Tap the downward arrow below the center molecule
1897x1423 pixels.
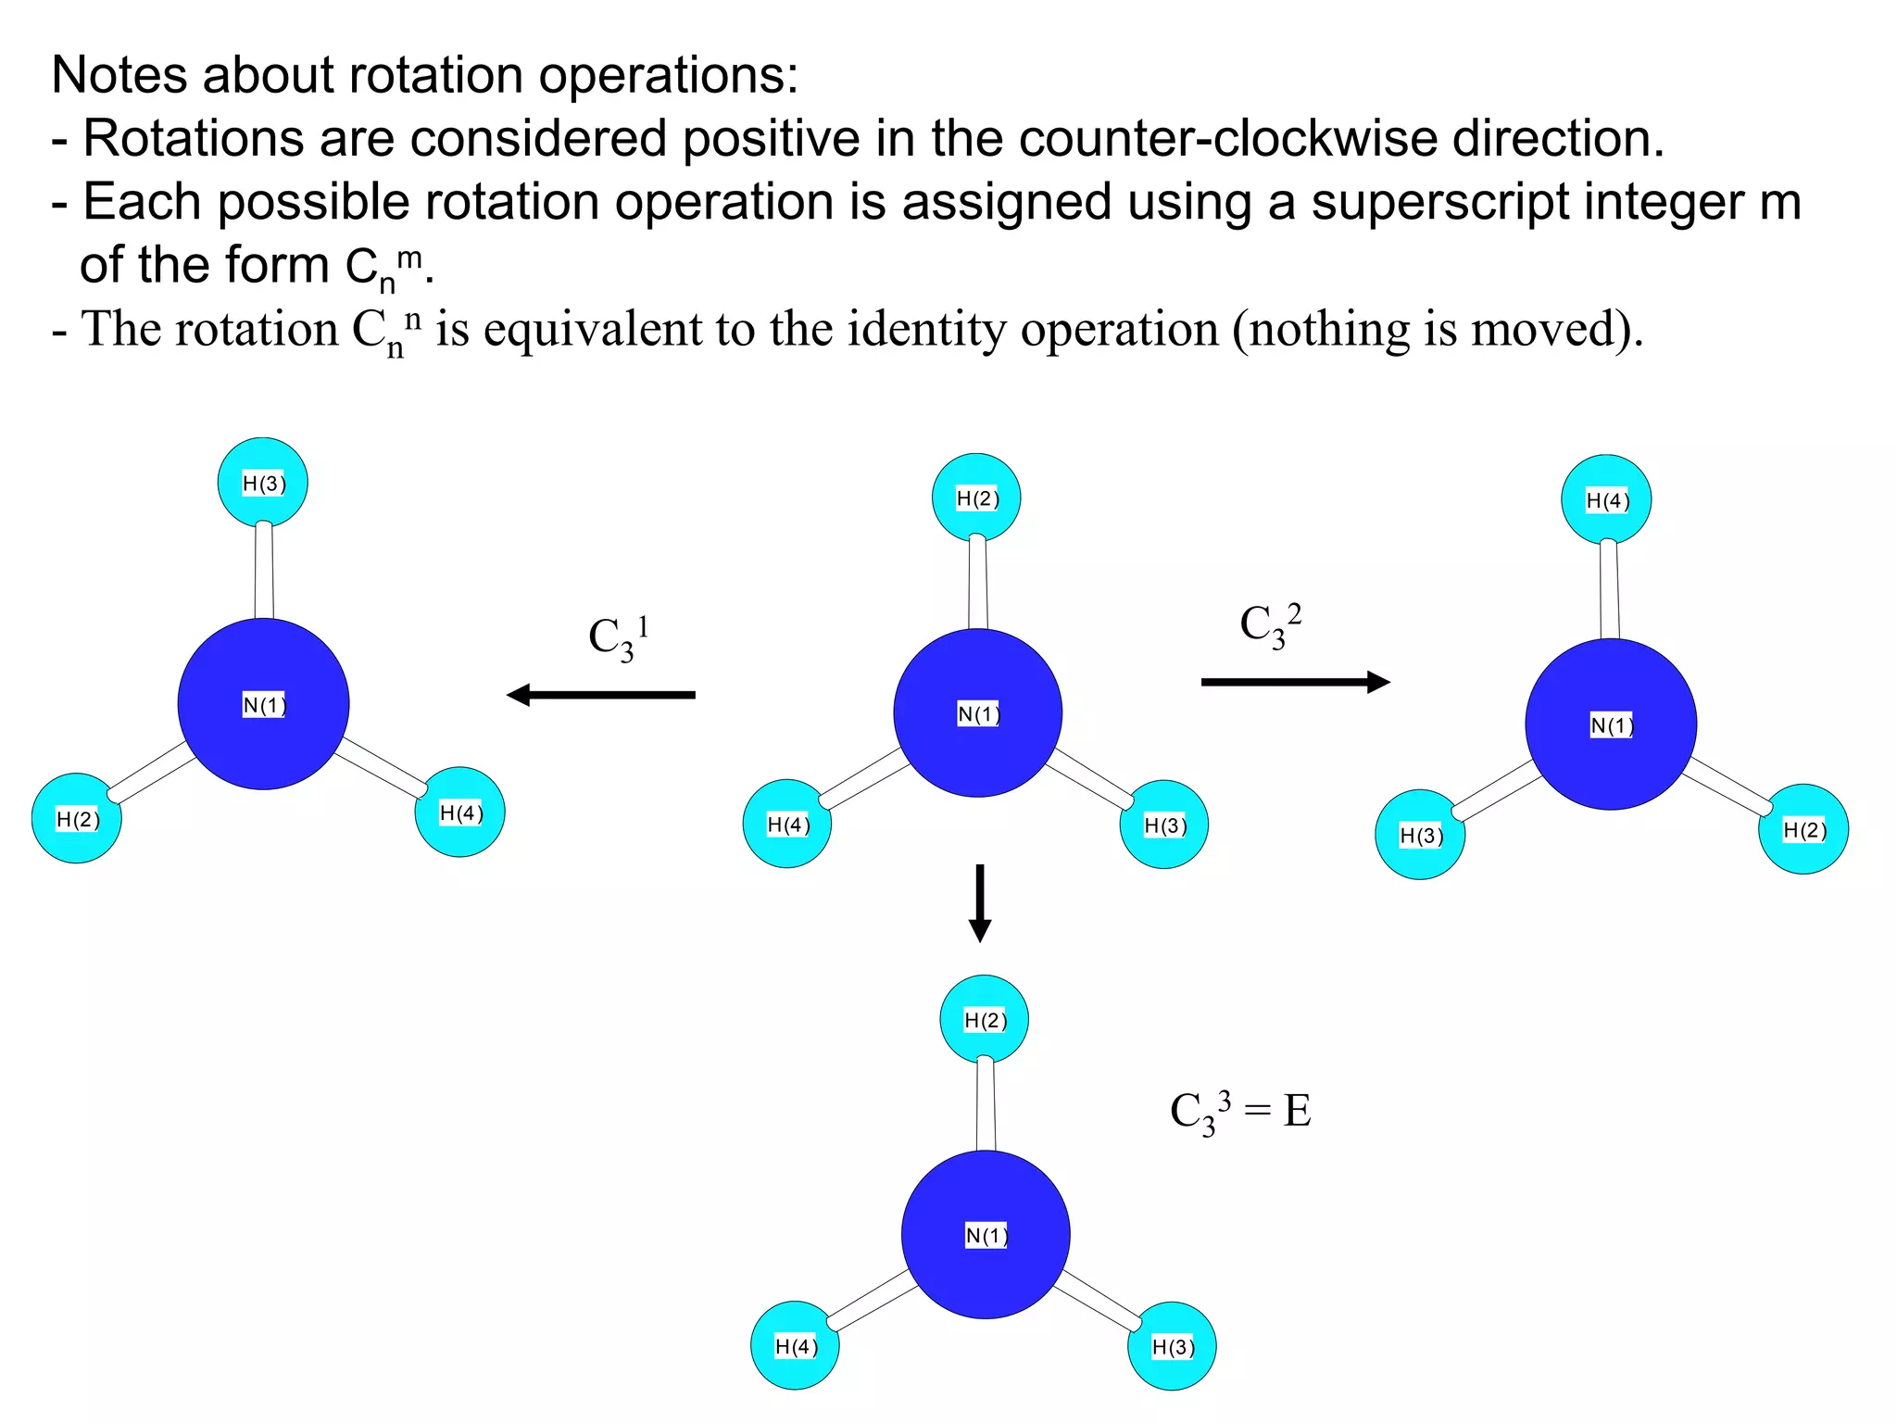pyautogui.click(x=980, y=903)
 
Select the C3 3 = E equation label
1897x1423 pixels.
pyautogui.click(x=1240, y=1111)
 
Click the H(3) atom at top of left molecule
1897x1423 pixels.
pyautogui.click(x=263, y=483)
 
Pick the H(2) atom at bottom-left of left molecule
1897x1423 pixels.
pyautogui.click(x=77, y=819)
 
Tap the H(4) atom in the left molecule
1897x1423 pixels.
pyautogui.click(x=460, y=812)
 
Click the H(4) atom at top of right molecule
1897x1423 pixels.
pyautogui.click(x=1606, y=500)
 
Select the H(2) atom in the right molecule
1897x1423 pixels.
pyautogui.click(x=1803, y=829)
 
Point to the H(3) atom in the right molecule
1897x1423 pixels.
pyautogui.click(x=1420, y=835)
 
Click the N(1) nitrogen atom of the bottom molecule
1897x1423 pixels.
pyautogui.click(x=986, y=1235)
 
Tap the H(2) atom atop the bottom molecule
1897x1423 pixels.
pyautogui.click(x=985, y=1020)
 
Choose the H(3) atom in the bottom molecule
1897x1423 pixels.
pyautogui.click(x=1172, y=1346)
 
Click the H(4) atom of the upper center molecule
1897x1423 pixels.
pyautogui.click(x=787, y=824)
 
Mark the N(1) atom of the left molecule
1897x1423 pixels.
pyautogui.click(x=263, y=705)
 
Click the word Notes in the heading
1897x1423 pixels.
pyautogui.click(x=119, y=75)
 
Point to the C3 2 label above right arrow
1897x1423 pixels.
pyautogui.click(x=1270, y=625)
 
